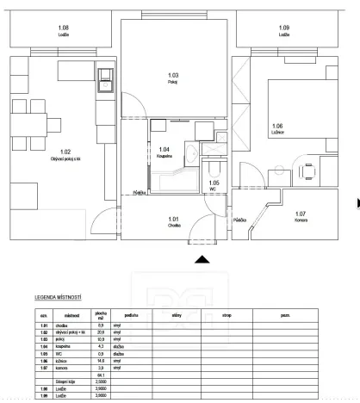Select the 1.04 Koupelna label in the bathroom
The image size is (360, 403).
pos(164,152)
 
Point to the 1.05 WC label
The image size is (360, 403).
pos(214,185)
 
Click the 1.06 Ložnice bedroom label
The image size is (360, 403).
pos(276,129)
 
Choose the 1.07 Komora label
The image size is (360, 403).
pos(300,215)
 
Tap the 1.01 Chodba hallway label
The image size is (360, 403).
pos(173,220)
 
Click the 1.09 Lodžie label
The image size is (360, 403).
pos(284,32)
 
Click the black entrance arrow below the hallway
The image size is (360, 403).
pos(202,258)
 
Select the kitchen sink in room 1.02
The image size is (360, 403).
pos(104,77)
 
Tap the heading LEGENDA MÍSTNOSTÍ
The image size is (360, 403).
pos(59,297)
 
